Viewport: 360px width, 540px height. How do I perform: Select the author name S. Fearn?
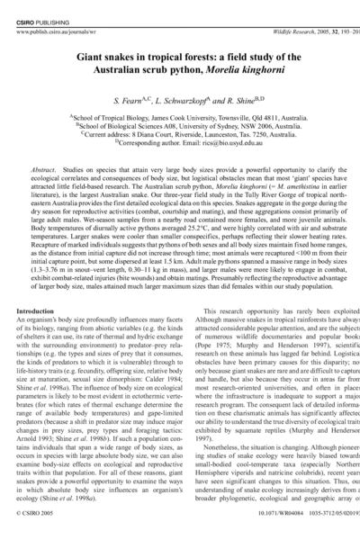click(x=125, y=97)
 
